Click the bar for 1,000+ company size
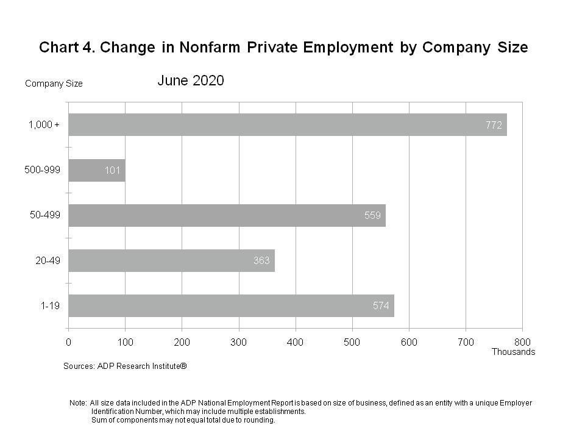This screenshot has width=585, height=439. (286, 125)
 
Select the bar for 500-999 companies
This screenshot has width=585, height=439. (96, 170)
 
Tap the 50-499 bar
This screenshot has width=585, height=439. (227, 215)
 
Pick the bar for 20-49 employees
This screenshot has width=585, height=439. (171, 260)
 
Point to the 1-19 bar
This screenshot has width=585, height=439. (231, 305)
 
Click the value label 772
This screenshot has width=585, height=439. (494, 126)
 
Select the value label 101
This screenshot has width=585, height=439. (112, 171)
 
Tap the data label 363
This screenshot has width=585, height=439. (261, 261)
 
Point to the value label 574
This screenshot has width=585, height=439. (381, 306)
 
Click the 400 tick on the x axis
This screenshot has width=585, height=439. (296, 342)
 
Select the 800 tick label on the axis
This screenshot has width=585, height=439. (522, 342)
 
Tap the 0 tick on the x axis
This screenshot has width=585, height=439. (68, 342)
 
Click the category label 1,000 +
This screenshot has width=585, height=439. (44, 125)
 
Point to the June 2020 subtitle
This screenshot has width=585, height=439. (191, 80)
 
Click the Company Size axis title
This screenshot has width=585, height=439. (54, 84)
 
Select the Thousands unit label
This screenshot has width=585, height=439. (513, 352)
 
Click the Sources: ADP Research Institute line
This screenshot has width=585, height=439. (125, 366)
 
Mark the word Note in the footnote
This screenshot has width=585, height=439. (78, 403)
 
